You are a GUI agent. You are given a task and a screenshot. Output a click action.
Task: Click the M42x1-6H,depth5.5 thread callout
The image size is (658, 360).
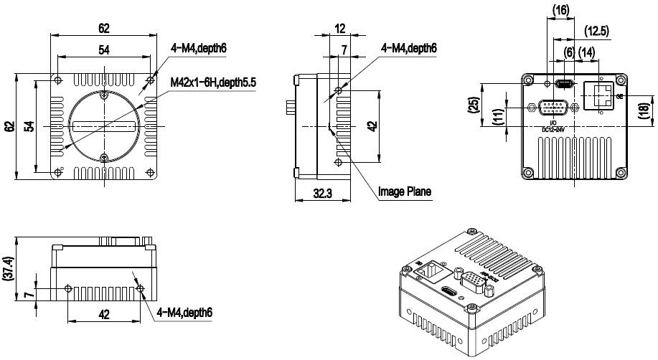pyautogui.click(x=213, y=82)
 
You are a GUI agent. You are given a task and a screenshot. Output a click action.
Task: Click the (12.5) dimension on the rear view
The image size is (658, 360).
pyautogui.click(x=597, y=31)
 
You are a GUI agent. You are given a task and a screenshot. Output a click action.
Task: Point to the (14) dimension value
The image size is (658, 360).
pyautogui.click(x=586, y=52)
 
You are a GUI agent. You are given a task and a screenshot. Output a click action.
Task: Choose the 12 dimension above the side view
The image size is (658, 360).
pyautogui.click(x=339, y=29)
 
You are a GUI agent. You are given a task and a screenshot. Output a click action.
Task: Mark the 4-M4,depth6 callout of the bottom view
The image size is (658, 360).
pyautogui.click(x=183, y=313)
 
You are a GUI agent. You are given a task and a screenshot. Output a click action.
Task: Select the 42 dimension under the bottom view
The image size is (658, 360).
pyautogui.click(x=104, y=314)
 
